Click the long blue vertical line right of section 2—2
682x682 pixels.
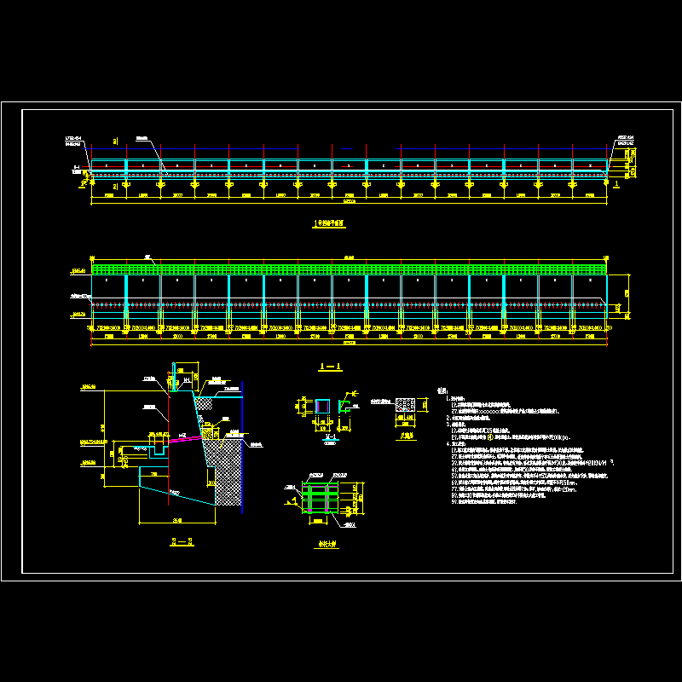coord(241,443)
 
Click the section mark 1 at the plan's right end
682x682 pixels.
coord(616,182)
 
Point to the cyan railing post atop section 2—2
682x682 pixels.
coord(176,375)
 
